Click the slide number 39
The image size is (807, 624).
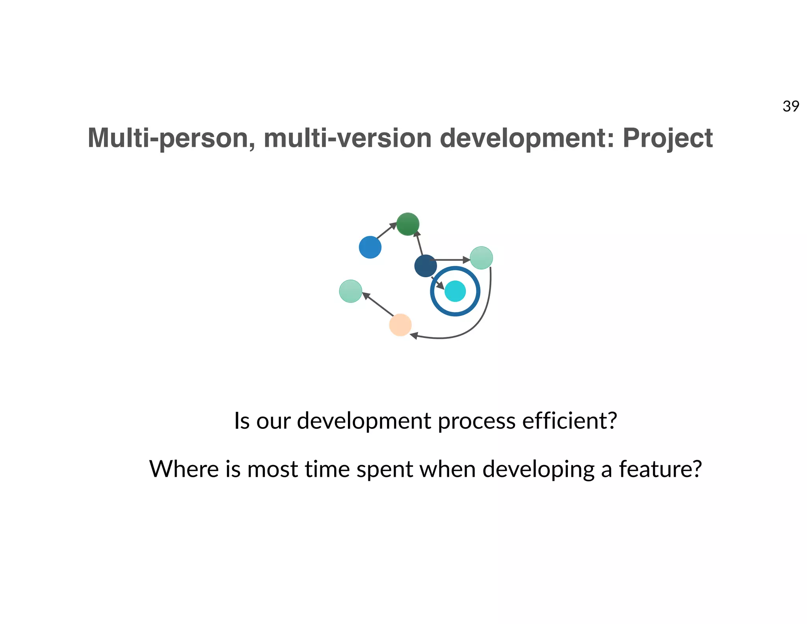tap(790, 106)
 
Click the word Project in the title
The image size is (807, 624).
tap(668, 138)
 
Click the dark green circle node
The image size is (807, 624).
tap(407, 224)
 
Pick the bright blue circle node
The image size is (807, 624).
tap(370, 247)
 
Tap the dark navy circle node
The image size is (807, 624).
tap(425, 266)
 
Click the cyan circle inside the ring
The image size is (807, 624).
tap(455, 291)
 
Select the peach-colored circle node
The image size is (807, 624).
tap(400, 325)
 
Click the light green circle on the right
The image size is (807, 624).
tap(481, 258)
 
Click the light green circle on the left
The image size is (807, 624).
tap(350, 291)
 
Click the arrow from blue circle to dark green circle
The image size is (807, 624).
tap(386, 231)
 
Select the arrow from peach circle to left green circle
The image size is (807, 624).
tap(377, 304)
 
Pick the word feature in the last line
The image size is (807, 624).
tap(660, 469)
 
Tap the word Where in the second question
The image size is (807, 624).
tap(184, 469)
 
